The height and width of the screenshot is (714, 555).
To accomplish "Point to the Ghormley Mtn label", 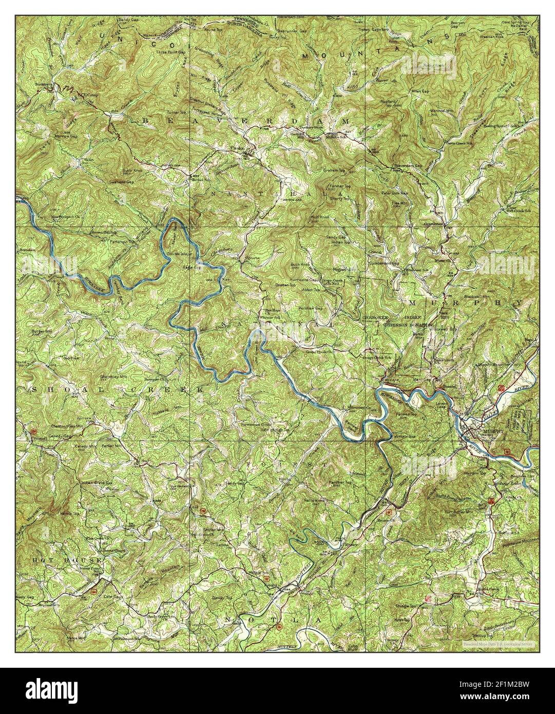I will (x=110, y=377).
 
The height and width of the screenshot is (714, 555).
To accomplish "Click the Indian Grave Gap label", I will (x=97, y=483).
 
